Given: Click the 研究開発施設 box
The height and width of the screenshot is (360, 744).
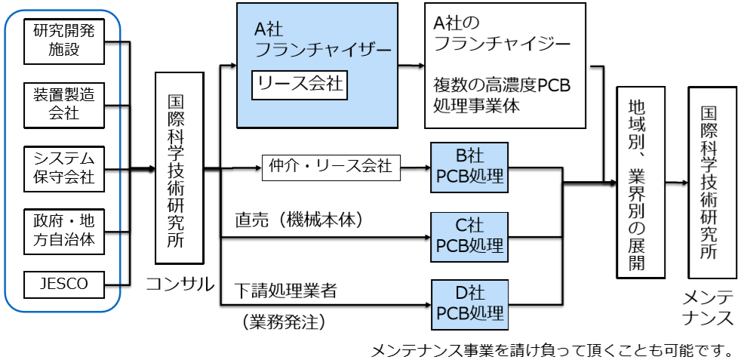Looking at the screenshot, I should point(63,42).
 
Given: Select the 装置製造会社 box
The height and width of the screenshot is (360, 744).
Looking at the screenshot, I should point(63,104).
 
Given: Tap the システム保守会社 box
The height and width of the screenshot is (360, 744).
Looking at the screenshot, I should point(63,168).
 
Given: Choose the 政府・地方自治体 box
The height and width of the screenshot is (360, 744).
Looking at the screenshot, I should point(63,232).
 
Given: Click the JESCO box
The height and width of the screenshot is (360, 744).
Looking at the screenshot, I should point(63,284).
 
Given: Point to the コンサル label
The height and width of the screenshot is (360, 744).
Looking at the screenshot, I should point(180,284).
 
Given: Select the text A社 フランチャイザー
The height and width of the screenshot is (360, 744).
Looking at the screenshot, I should point(317,40).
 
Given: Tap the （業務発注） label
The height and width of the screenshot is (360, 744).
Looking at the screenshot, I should point(284,322).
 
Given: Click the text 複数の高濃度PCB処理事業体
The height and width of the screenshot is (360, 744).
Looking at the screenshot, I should point(503,95).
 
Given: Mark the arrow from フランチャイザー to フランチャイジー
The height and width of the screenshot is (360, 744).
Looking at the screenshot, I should point(411,66).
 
